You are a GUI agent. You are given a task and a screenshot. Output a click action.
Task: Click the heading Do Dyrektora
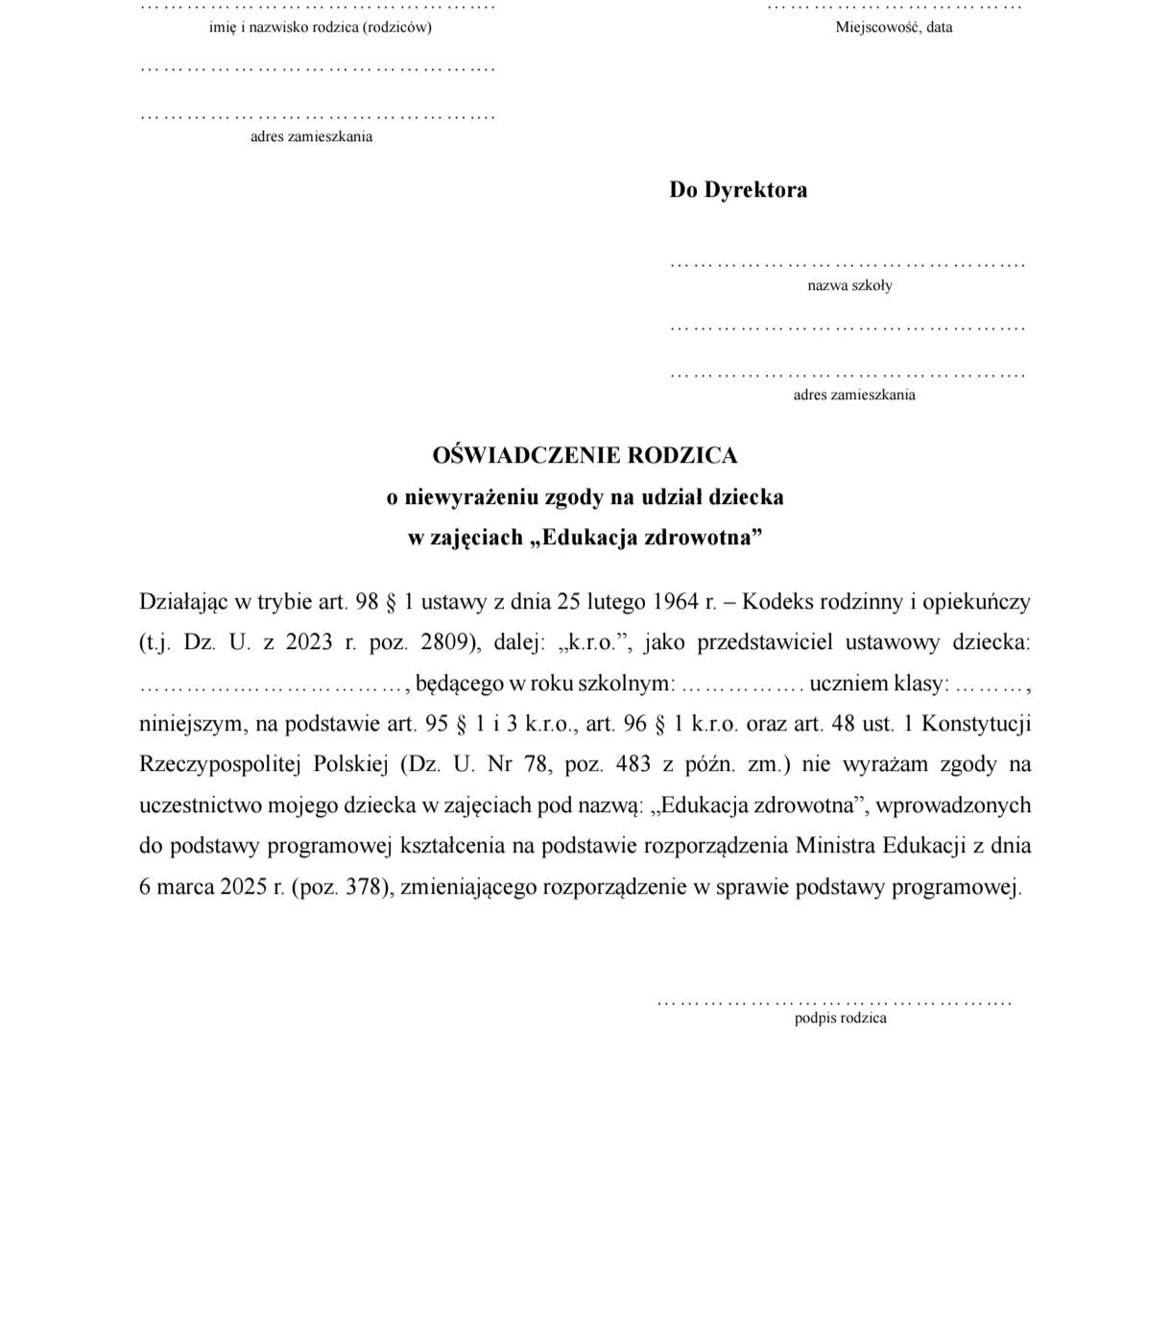pos(738,190)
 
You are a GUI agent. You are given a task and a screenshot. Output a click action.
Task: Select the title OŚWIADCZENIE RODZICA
pos(585,455)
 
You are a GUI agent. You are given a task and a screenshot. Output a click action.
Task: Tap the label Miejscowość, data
pos(894,27)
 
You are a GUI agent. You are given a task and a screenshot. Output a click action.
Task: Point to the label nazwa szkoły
pos(849,285)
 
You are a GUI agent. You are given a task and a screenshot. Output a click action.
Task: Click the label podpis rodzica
pos(840,1019)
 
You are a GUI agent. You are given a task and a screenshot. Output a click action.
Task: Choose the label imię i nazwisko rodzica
pos(320,27)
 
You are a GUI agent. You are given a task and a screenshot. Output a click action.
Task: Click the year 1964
pos(675,602)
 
